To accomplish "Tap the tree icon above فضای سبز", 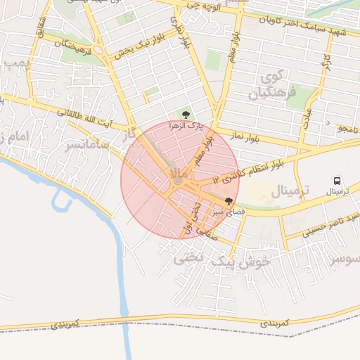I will tap(229, 200).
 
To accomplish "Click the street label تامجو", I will tap(347, 129).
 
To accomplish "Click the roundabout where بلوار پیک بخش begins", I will tap(112, 56).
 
